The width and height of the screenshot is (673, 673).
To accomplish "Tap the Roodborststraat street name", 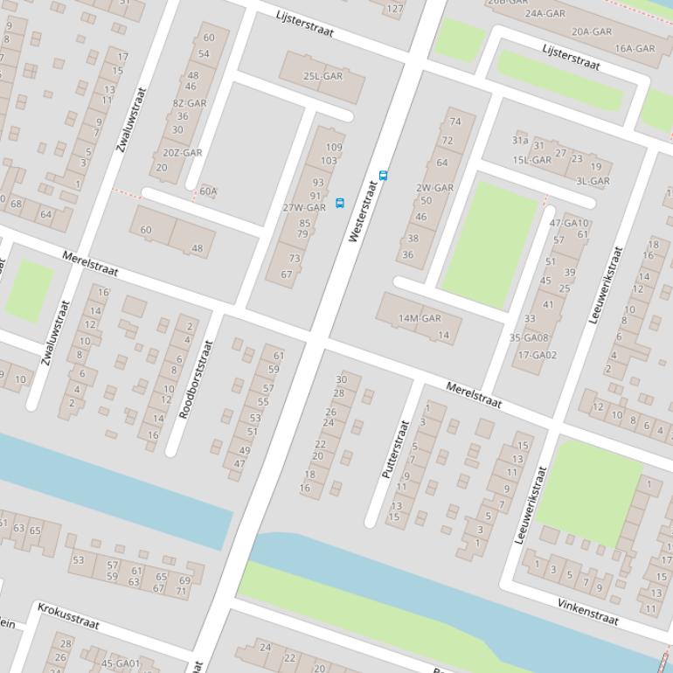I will coord(196,379).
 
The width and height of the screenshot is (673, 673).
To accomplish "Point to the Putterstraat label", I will coord(395,448).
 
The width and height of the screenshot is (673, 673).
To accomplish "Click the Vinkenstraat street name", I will coord(588,612).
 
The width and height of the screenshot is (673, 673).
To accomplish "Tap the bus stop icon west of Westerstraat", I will coord(340,203).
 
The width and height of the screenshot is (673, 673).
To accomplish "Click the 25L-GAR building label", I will coord(323,76).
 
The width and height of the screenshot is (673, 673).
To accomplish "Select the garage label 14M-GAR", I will coord(420,318).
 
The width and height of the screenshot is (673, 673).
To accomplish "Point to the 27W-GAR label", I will coord(304,208).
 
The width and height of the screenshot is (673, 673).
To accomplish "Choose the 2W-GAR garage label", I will coord(434,188).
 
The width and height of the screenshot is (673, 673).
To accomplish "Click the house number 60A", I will coord(208,191).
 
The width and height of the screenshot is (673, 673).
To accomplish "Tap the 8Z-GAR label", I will coord(189,103).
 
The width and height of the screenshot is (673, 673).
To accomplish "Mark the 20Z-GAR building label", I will coord(182,153).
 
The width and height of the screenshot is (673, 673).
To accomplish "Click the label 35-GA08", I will coord(529,338).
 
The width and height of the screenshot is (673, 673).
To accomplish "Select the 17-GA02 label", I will coord(537,355).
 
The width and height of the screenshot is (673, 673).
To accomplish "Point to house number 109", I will coord(334,148).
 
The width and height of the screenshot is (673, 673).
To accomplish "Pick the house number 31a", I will coord(520,140).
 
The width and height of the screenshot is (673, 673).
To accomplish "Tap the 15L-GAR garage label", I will coord(531,160).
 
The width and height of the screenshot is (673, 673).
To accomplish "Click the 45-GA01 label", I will coord(120,663).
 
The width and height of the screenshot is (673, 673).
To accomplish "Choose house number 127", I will coord(395,9).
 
